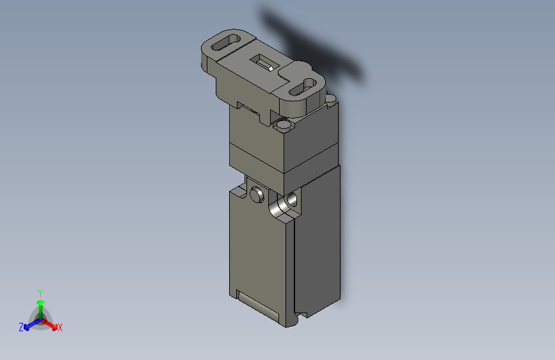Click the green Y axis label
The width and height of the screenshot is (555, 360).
click(x=40, y=291)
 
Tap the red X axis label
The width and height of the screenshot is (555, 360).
click(x=60, y=327)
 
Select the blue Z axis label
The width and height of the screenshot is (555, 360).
click(x=21, y=327)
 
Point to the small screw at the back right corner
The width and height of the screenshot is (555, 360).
click(x=330, y=98)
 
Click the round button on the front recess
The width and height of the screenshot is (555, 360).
click(x=257, y=193)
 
